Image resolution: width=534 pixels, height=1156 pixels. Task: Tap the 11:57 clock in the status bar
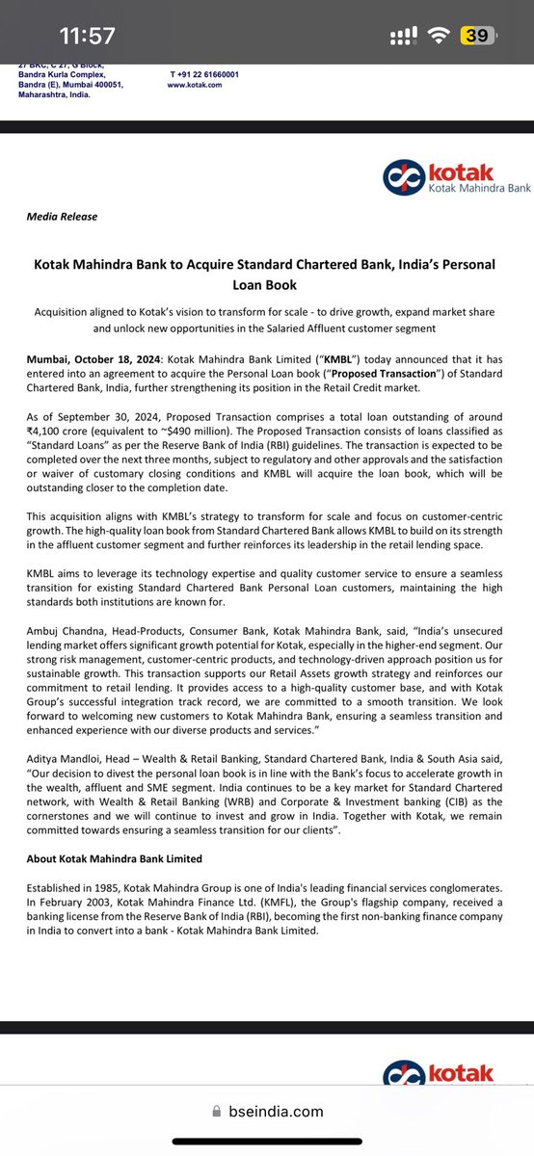point(87,36)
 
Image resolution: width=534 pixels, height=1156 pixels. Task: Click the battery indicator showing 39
point(476,36)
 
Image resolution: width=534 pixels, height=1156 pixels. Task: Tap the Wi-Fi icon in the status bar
point(440,36)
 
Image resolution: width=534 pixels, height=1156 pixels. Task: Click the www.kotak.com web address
point(195,85)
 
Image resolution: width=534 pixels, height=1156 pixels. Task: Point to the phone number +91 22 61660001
point(204,74)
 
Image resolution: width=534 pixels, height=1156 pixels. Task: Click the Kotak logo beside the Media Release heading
point(438,177)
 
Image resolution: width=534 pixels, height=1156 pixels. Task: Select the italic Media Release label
point(62,217)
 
